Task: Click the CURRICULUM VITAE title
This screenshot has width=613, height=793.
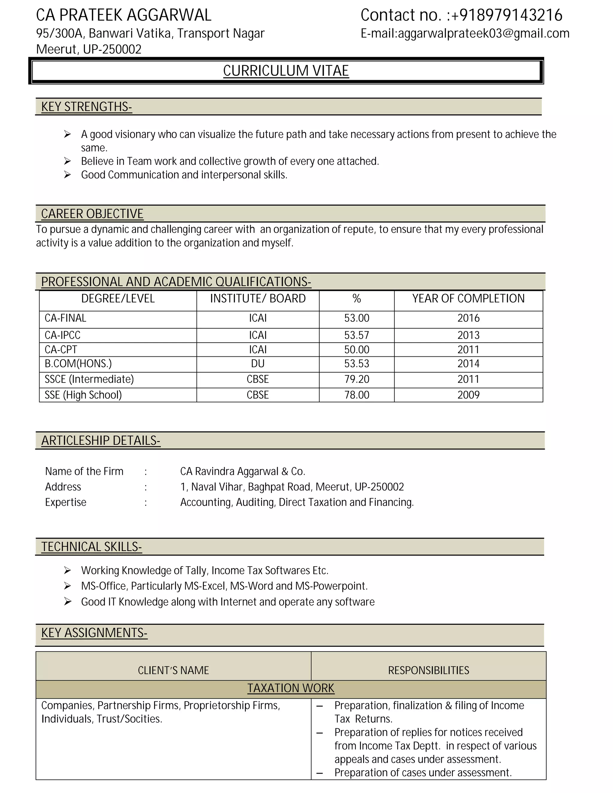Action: tap(286, 71)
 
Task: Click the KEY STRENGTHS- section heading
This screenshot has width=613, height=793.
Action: tap(87, 107)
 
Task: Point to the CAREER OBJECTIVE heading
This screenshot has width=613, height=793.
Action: tap(92, 214)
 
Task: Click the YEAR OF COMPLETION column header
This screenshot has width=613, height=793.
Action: tap(468, 298)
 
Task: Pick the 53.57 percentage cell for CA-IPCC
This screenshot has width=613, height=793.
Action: tap(356, 335)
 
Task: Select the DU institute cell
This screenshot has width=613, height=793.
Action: tap(258, 364)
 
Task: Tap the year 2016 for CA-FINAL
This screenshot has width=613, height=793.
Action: tap(468, 318)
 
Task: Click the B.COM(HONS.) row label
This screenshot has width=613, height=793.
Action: tap(78, 364)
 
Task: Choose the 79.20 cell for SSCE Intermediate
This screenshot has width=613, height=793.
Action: tap(356, 379)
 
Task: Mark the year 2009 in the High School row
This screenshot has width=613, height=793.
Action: tap(468, 395)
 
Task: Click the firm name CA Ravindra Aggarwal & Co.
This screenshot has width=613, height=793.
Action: tap(242, 471)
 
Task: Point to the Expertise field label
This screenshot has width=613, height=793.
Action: tap(66, 502)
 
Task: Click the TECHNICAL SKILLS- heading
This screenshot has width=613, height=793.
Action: tap(92, 547)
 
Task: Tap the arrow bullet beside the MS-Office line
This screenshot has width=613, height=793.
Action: tap(68, 586)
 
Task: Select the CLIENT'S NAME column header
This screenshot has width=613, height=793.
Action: tap(173, 670)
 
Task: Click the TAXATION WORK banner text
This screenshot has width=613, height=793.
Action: tap(291, 688)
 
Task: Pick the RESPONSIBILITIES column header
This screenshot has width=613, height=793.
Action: tap(429, 670)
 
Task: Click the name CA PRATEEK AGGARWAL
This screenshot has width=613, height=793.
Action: tap(124, 15)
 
